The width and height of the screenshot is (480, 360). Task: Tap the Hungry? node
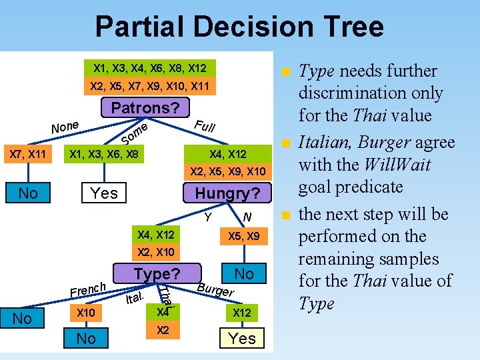pos(228,193)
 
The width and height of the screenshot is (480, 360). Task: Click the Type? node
pos(157,274)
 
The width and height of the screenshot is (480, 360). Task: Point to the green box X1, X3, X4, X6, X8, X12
pos(150,68)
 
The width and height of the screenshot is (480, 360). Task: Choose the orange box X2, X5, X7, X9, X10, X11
pos(150,86)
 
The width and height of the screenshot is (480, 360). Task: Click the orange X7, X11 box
pos(27,155)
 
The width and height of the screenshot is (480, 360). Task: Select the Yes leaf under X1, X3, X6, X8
pos(103,193)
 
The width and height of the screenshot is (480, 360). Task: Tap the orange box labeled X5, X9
pos(244,237)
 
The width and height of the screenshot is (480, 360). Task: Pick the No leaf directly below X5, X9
pos(244,274)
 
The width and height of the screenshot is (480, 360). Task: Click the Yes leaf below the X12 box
pos(242,339)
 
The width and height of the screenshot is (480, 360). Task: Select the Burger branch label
pos(215,289)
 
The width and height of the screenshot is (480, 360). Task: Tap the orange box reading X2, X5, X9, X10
pos(228,171)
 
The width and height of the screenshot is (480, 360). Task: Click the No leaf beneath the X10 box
pos(86,339)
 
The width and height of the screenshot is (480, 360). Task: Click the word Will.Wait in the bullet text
pos(394,165)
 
